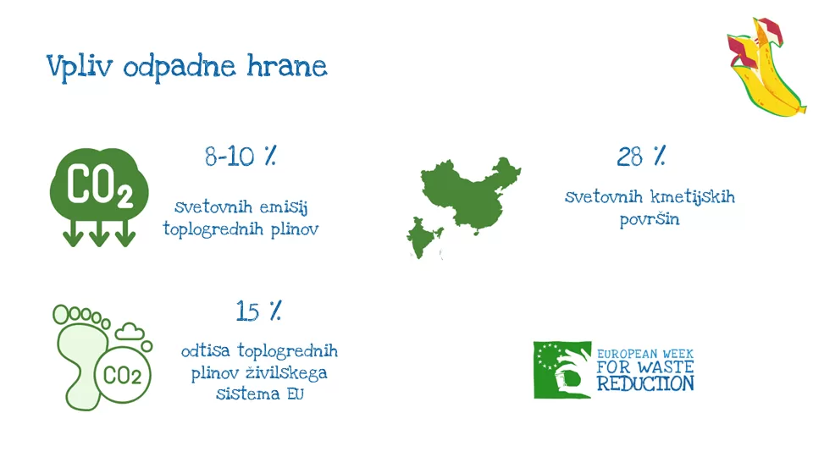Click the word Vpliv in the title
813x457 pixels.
click(x=80, y=67)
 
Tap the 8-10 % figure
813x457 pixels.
click(x=241, y=156)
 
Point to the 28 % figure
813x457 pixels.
click(x=641, y=156)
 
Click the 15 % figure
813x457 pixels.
click(x=258, y=311)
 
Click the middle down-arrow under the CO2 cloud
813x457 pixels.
click(x=99, y=233)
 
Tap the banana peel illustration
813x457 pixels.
click(x=766, y=66)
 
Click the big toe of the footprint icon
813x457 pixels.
click(x=61, y=315)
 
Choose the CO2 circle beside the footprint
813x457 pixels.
click(x=122, y=375)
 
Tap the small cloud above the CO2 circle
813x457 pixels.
click(x=130, y=332)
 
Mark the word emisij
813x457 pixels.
click(x=284, y=207)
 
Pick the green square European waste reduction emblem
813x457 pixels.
click(x=562, y=370)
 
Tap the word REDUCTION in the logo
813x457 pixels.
click(x=645, y=384)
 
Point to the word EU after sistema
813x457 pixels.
click(x=295, y=394)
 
